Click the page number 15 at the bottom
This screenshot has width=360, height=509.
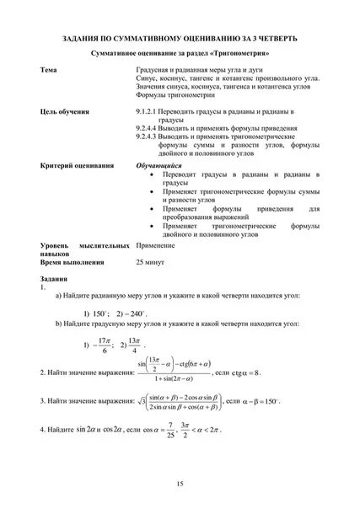point(180,484)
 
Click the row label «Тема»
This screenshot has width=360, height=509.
point(50,68)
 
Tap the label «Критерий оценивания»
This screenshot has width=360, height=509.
point(77,167)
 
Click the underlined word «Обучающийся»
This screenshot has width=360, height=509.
point(159,167)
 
